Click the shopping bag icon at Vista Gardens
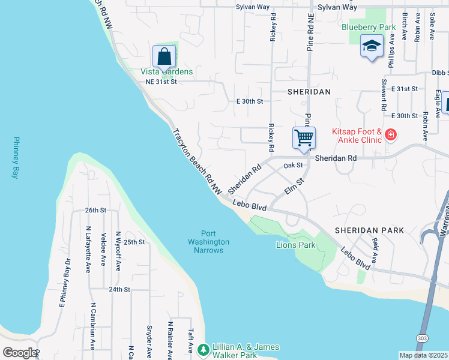pos(164,56)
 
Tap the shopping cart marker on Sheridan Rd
pos(304,137)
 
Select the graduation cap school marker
pos(372,46)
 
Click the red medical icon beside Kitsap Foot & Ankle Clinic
pos(391,135)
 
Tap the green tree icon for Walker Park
pos(203,349)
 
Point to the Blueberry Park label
pos(369,27)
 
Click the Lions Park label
pos(295,245)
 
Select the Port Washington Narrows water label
pos(208,242)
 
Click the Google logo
pos(20,353)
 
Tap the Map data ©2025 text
pos(423,355)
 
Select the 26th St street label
pos(95,211)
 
